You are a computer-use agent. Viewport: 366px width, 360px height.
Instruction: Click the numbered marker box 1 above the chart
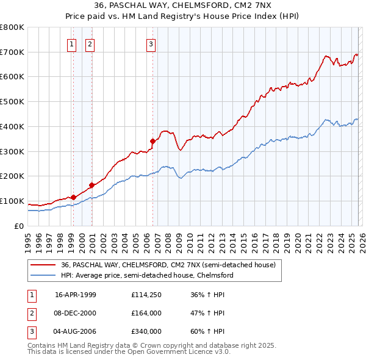pyautogui.click(x=72, y=44)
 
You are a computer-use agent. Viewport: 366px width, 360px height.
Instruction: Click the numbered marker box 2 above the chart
pyautogui.click(x=90, y=44)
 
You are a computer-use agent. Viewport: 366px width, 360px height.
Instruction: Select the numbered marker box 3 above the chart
pyautogui.click(x=151, y=44)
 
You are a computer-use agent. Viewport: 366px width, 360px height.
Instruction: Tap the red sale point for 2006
pyautogui.click(x=152, y=141)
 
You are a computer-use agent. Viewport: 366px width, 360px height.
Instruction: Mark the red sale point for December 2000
pyautogui.click(x=91, y=185)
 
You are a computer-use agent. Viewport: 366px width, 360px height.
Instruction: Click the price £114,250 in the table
pyautogui.click(x=146, y=295)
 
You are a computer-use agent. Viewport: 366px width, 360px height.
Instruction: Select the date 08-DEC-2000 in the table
pyautogui.click(x=76, y=313)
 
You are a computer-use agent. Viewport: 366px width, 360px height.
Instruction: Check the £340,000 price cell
pyautogui.click(x=146, y=331)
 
